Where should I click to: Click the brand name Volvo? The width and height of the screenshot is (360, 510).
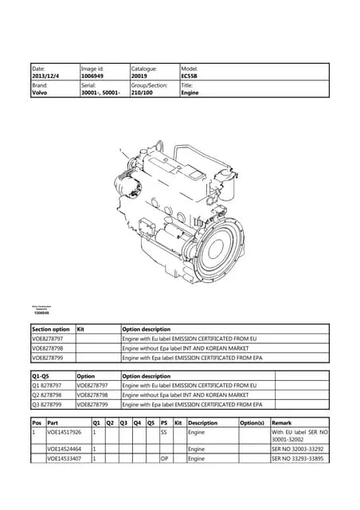pyautogui.click(x=39, y=92)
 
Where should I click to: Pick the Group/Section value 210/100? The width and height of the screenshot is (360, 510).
pyautogui.click(x=144, y=92)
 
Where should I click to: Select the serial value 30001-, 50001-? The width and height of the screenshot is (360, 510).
pyautogui.click(x=99, y=92)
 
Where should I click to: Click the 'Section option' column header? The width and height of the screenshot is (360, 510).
pyautogui.click(x=51, y=328)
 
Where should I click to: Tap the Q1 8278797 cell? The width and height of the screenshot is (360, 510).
pyautogui.click(x=50, y=386)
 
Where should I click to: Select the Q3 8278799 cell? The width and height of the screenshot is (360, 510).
pyautogui.click(x=50, y=405)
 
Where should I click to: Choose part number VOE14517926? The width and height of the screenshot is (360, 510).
pyautogui.click(x=64, y=432)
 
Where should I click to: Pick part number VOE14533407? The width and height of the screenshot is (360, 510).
pyautogui.click(x=64, y=459)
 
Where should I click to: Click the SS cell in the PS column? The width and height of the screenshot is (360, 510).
pyautogui.click(x=163, y=432)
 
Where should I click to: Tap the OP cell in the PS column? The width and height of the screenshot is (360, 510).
pyautogui.click(x=163, y=459)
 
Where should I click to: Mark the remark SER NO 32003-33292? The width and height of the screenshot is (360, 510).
pyautogui.click(x=299, y=449)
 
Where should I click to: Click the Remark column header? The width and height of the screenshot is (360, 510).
pyautogui.click(x=282, y=422)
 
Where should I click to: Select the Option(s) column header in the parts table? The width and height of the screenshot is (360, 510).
pyautogui.click(x=252, y=422)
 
